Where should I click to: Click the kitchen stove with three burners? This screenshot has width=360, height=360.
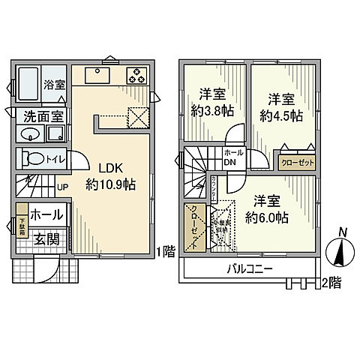coord(137,75)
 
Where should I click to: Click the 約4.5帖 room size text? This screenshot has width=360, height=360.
coord(281,116)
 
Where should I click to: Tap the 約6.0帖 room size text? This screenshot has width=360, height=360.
coord(267,218)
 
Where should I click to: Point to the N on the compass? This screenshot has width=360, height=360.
coord(342,232)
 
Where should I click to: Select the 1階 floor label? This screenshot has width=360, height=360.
coord(166,252)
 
